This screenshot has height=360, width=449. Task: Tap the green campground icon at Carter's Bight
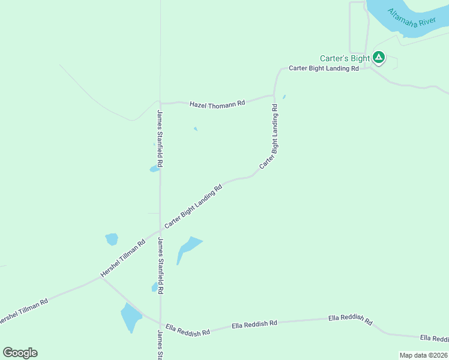(x=378, y=58)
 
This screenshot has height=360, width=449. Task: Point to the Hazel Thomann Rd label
(x=217, y=104)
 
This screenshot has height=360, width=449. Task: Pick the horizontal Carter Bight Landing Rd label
(x=324, y=68)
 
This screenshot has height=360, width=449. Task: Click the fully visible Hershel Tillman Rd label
(x=123, y=259)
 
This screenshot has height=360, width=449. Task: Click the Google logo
(x=20, y=353)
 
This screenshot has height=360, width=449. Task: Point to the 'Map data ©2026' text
(x=423, y=355)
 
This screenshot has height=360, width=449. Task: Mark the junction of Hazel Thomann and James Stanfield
(x=160, y=103)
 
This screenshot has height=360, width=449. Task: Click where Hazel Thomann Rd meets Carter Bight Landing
(x=274, y=95)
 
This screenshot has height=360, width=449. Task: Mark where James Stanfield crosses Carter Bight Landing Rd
(x=160, y=230)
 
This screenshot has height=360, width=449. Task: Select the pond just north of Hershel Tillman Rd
(x=112, y=239)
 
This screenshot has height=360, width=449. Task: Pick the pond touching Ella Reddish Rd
(x=130, y=317)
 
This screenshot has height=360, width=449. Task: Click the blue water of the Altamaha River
(x=384, y=10)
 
